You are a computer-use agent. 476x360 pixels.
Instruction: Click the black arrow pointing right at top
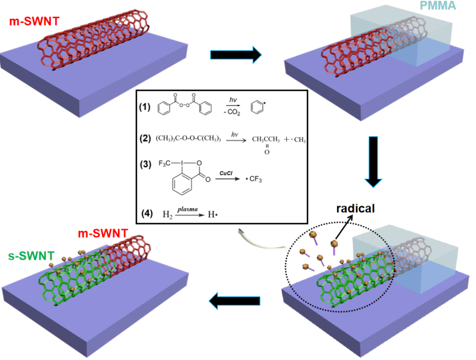coord(235,55)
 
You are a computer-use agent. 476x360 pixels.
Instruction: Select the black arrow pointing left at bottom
coord(235,301)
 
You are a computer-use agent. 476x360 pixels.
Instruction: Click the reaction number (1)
coord(145,106)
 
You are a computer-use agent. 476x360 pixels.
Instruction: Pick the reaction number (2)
coord(145,138)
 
